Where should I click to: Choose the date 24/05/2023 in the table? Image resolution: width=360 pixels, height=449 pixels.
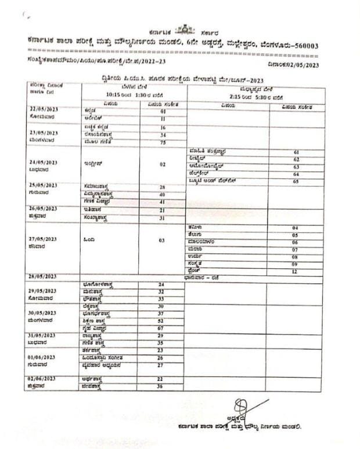tap(43, 163)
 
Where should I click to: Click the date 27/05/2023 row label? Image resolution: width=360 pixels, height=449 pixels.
tap(43, 239)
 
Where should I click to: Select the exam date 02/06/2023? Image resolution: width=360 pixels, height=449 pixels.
tap(43, 379)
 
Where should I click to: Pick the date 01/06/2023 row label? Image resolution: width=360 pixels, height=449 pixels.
tap(43, 357)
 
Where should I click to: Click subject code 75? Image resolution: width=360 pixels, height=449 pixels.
tap(163, 141)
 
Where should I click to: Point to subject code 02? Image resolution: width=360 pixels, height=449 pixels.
tap(163, 164)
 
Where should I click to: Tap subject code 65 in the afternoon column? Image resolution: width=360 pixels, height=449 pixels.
tap(296, 182)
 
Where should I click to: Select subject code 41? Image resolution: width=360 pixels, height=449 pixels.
tap(163, 202)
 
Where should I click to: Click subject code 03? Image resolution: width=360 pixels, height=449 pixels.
tap(163, 240)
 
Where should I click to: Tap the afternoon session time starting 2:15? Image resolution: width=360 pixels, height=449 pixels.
tap(254, 96)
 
